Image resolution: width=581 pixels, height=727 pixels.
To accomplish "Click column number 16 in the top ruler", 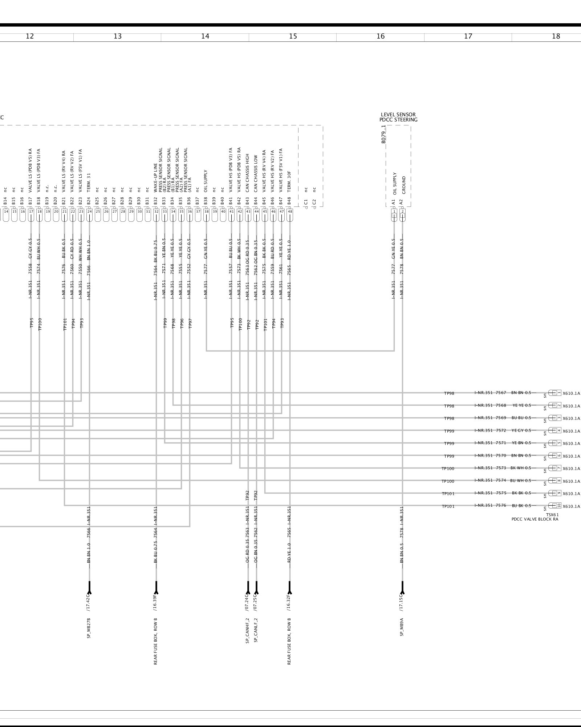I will tap(380, 36).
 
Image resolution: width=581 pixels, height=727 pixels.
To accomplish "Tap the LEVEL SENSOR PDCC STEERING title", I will tap(398, 117).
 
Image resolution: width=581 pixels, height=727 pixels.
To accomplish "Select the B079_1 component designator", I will tap(383, 134).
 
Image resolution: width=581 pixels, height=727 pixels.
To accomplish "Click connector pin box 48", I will tap(290, 211).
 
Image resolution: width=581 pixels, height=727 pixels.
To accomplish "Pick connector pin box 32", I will tap(156, 211).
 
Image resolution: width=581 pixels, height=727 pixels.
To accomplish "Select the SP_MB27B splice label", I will tap(89, 628).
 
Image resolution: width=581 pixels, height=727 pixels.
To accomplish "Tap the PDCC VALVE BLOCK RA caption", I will tap(535, 519).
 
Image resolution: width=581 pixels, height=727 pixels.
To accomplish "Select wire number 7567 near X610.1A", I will tap(501, 393).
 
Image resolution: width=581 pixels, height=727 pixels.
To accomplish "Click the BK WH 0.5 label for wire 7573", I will tap(521, 468).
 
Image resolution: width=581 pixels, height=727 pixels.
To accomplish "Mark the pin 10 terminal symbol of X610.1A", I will tap(554, 506).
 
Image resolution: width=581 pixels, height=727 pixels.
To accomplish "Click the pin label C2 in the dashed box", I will tap(314, 201).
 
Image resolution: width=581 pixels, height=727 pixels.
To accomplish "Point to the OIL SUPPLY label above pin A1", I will tap(394, 184).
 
